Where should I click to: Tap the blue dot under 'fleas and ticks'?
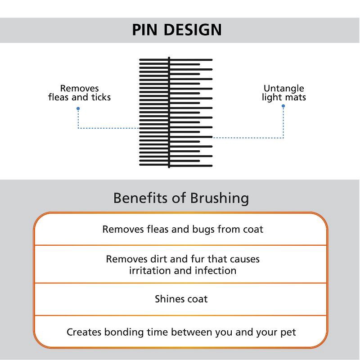pyautogui.click(x=78, y=108)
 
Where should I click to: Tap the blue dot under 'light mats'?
pyautogui.click(x=283, y=106)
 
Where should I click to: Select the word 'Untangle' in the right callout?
pyautogui.click(x=283, y=89)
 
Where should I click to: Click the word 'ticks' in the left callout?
pyautogui.click(x=100, y=97)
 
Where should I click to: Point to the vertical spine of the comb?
pyautogui.click(x=169, y=112)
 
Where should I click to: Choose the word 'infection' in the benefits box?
pyautogui.click(x=215, y=270)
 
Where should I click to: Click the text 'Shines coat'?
pyautogui.click(x=181, y=299)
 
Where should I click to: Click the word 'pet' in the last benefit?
pyautogui.click(x=288, y=333)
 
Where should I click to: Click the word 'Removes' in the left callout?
pyautogui.click(x=79, y=89)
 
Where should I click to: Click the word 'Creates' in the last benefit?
pyautogui.click(x=84, y=333)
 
